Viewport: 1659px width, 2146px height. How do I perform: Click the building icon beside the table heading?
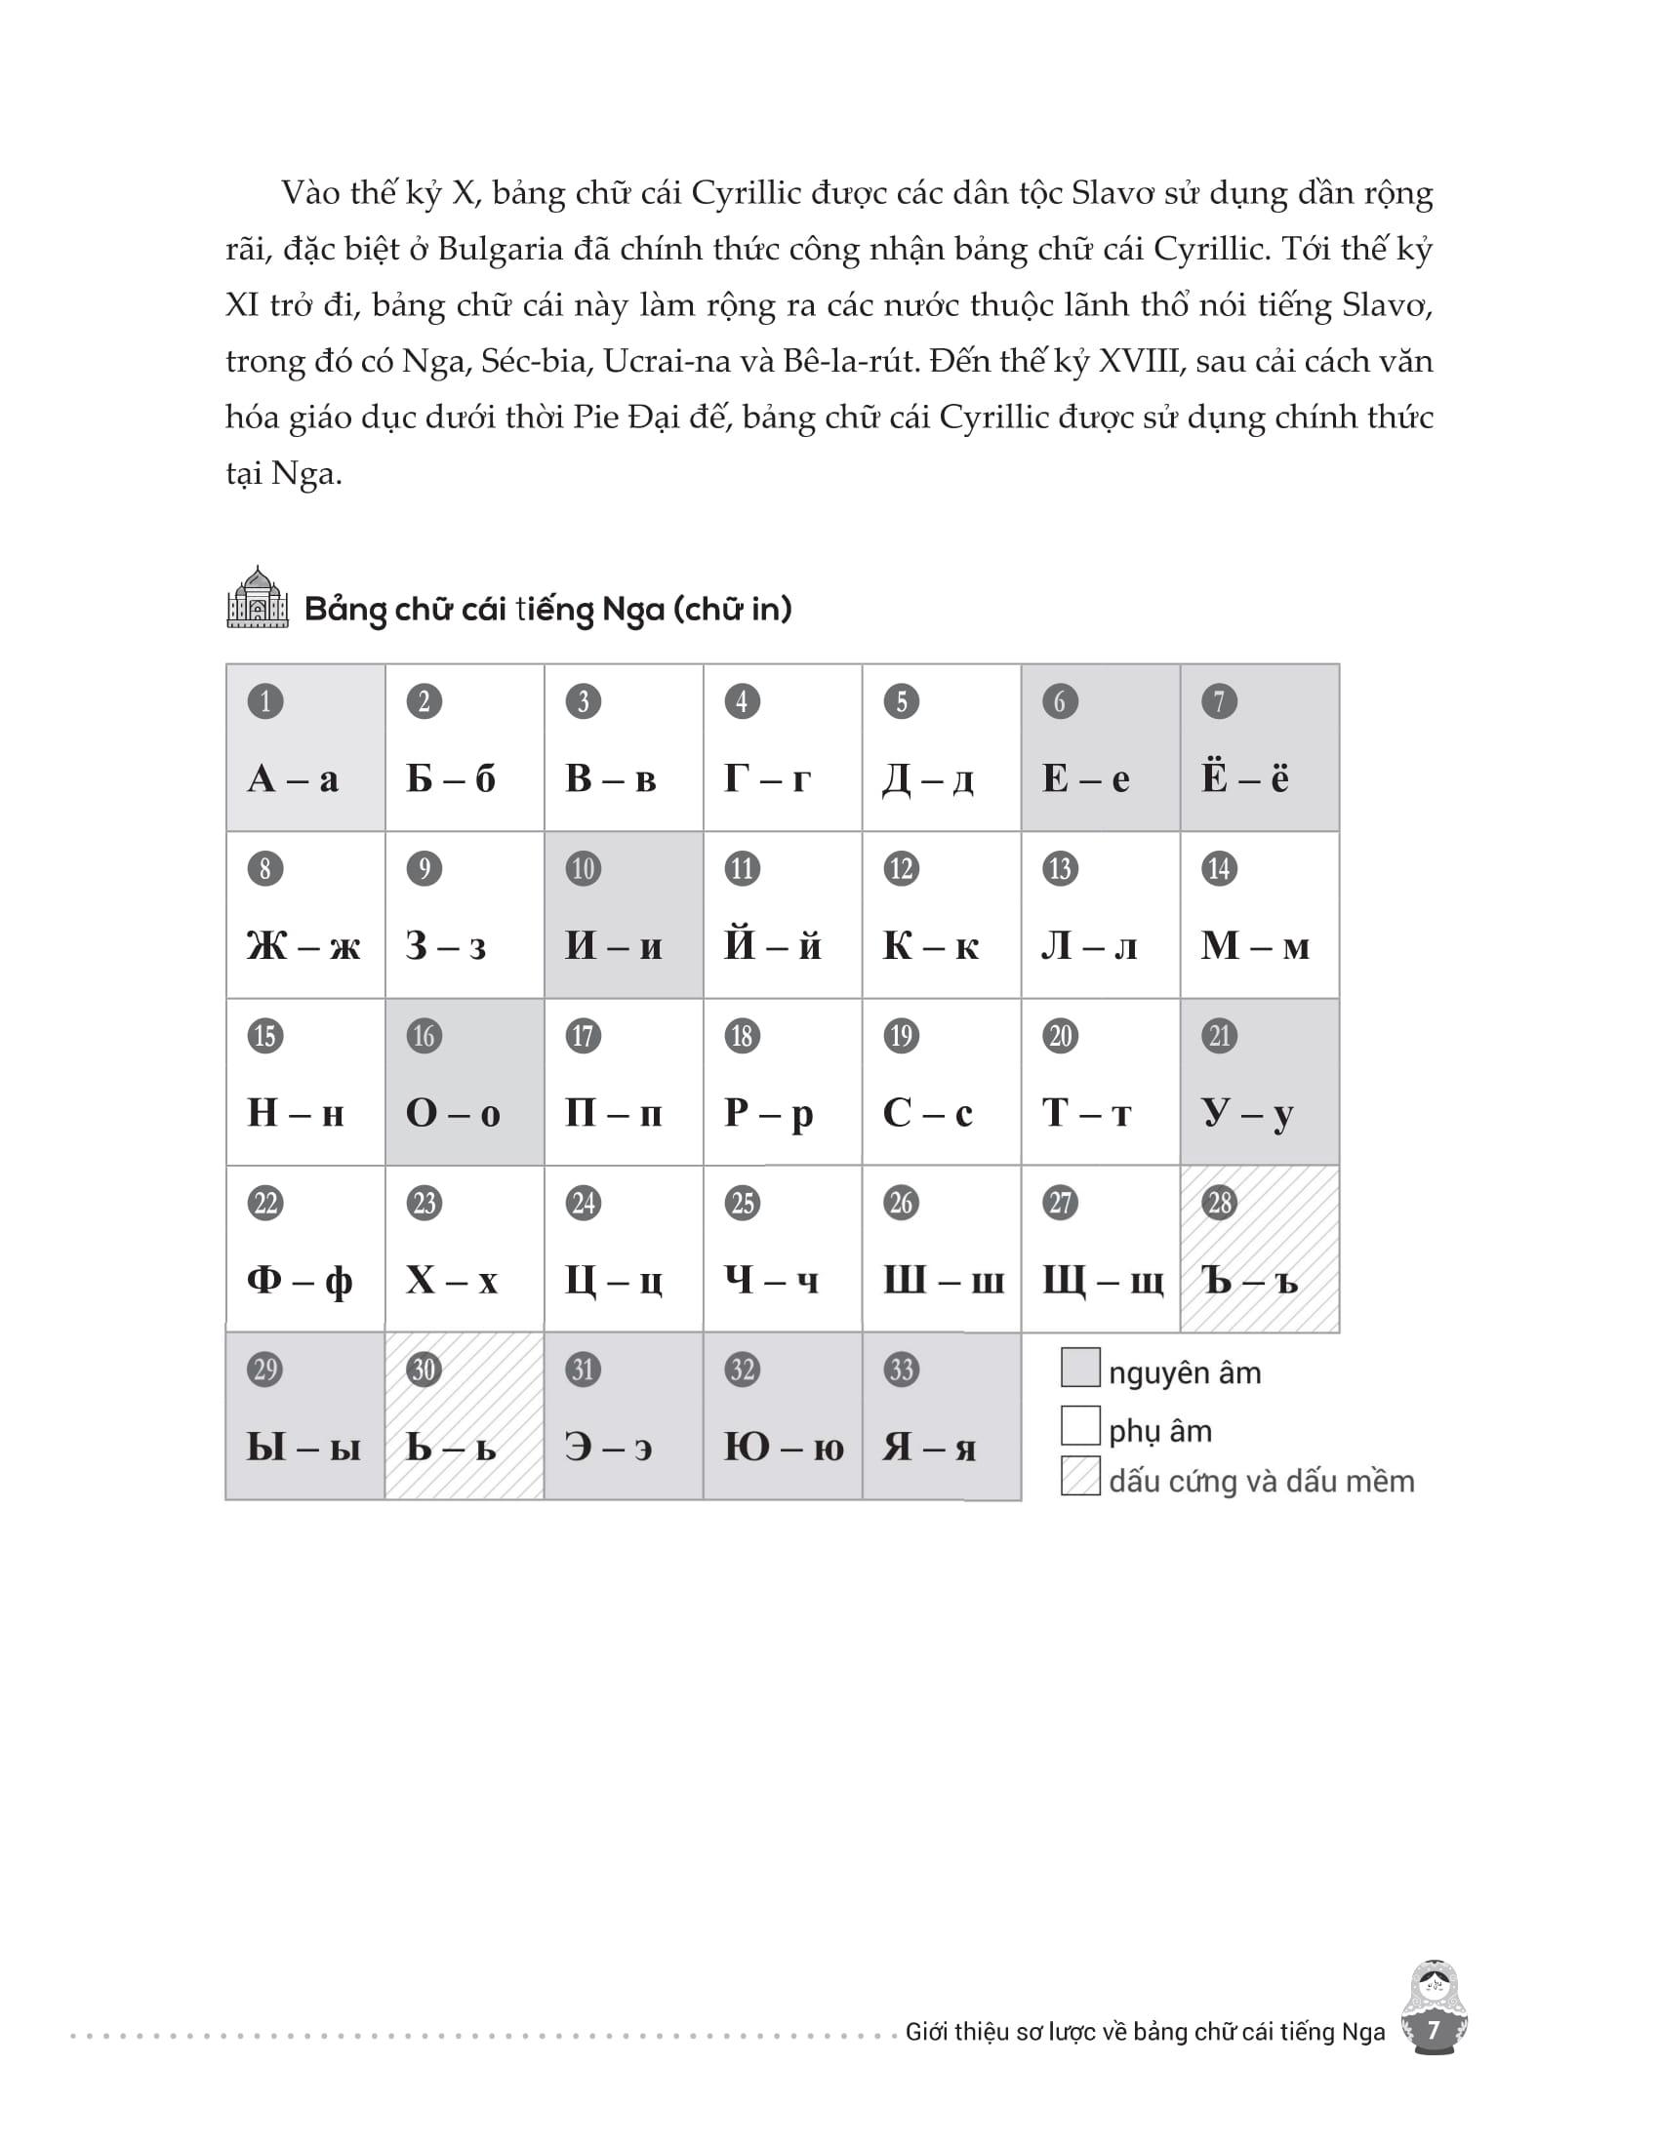[258, 597]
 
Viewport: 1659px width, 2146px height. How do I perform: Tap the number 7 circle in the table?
[1219, 701]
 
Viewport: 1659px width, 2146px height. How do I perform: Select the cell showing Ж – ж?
[304, 916]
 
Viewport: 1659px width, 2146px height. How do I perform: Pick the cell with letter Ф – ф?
[304, 1250]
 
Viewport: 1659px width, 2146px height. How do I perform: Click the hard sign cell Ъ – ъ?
[1259, 1250]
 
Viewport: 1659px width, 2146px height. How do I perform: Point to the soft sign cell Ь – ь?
[464, 1417]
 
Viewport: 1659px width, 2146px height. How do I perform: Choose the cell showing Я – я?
[941, 1417]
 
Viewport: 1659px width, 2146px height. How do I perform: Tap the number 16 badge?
[424, 1036]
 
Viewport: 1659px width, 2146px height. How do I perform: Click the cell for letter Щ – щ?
[1101, 1250]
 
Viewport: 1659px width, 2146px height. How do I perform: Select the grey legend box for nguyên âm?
[1080, 1368]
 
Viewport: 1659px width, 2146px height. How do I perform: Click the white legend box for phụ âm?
[1080, 1426]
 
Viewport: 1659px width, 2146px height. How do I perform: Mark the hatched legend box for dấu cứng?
[1080, 1477]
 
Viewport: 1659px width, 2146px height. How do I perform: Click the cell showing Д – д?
[941, 749]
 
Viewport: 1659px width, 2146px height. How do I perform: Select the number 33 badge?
[902, 1370]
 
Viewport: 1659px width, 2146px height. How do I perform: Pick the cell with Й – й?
[783, 916]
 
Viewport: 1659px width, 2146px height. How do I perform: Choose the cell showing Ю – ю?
[783, 1417]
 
